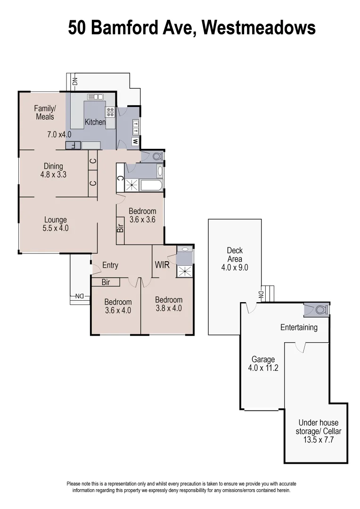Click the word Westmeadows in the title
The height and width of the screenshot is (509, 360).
[259, 28]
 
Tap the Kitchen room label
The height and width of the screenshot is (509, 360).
[95, 122]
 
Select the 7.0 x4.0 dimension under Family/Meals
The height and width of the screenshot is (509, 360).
[59, 134]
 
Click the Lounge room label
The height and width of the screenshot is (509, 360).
[56, 220]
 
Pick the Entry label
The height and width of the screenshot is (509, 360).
[110, 265]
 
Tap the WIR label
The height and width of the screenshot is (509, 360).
[162, 265]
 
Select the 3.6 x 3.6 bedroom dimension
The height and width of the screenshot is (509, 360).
[142, 219]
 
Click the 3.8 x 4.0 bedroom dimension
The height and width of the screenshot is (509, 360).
[168, 308]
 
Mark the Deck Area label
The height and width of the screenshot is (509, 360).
[235, 254]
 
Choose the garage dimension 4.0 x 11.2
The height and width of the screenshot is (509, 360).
[263, 368]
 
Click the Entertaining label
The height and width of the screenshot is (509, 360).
[299, 327]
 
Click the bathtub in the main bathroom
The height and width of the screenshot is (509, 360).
[151, 185]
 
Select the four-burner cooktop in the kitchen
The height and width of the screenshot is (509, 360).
[110, 112]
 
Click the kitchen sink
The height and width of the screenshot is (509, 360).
[95, 97]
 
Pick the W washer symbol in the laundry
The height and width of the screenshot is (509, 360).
[135, 141]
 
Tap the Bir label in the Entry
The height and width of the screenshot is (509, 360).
[106, 282]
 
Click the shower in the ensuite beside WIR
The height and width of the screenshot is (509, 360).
[185, 271]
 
